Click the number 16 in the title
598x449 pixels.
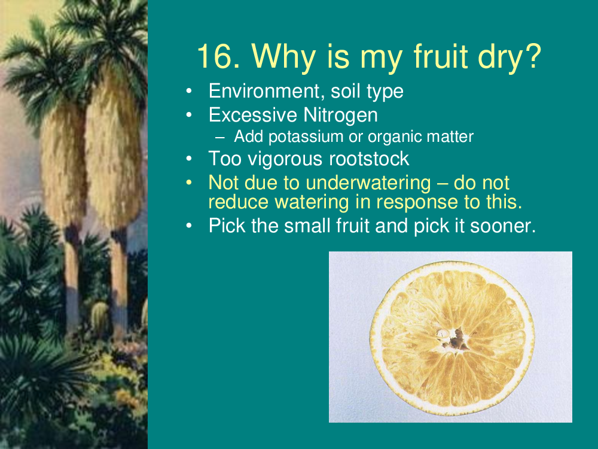coord(218,56)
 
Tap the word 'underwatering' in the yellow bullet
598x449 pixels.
coord(368,183)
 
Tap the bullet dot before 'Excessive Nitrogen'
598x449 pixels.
coord(189,116)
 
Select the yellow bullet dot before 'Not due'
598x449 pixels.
coord(189,183)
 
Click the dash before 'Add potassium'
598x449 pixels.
coord(220,138)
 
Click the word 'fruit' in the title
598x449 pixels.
coord(441,56)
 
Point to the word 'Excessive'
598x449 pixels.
coord(253,116)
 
